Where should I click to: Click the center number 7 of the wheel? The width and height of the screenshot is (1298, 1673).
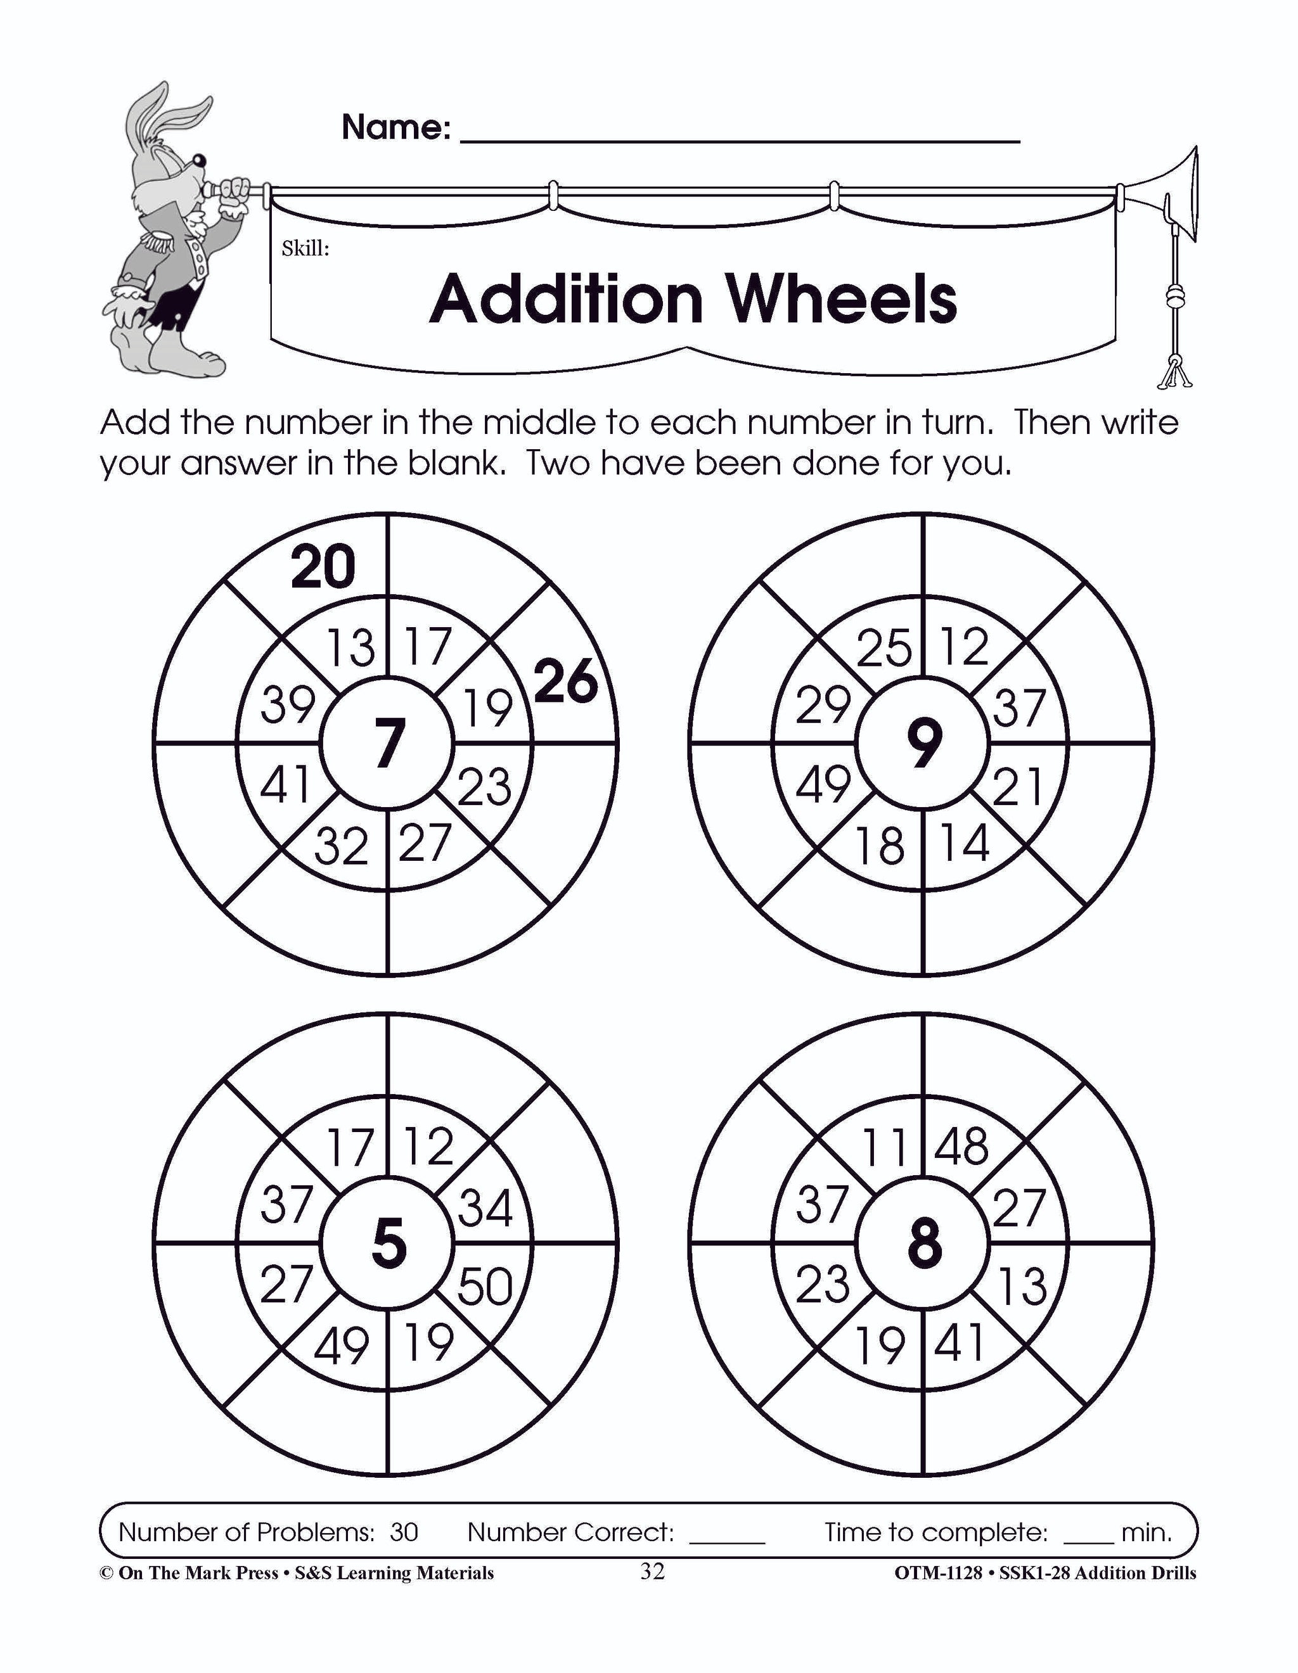(x=388, y=742)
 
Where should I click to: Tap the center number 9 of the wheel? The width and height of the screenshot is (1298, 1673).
(x=923, y=742)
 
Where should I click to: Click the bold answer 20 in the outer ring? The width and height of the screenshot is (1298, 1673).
(x=323, y=567)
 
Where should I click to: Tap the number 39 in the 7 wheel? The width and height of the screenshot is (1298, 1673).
(x=287, y=705)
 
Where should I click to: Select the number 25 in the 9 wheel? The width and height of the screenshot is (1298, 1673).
(x=884, y=647)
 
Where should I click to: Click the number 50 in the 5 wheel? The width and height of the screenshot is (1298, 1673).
(x=484, y=1285)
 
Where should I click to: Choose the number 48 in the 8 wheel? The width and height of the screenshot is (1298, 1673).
(x=962, y=1147)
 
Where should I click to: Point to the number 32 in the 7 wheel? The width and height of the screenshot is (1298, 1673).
(x=341, y=846)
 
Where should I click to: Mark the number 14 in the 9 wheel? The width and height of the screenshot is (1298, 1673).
(x=964, y=843)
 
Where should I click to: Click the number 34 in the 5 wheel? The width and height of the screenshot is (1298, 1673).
(x=485, y=1208)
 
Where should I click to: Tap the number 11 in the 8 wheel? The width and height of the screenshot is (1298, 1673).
(x=884, y=1147)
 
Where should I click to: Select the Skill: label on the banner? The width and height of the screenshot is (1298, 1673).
(x=305, y=248)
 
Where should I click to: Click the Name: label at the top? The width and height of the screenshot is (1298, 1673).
(x=395, y=127)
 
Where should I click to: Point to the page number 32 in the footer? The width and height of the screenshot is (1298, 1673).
(x=652, y=1571)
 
